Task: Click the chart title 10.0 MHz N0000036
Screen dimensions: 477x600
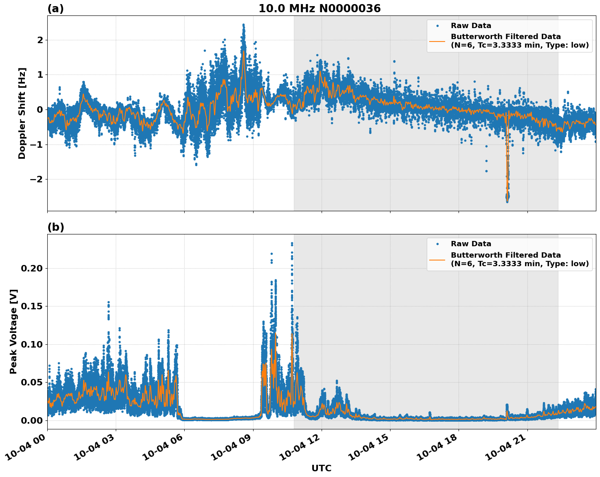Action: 319,9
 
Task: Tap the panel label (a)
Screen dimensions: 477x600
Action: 55,9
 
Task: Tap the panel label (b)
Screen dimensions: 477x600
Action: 55,227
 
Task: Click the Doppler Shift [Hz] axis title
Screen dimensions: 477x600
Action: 22,113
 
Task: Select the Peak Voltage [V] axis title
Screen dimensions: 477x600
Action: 14,331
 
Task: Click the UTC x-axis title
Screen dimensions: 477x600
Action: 321,468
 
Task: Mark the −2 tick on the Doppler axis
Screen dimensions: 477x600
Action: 37,179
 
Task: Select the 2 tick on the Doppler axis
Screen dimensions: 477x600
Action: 40,40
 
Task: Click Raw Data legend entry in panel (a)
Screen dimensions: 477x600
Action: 471,26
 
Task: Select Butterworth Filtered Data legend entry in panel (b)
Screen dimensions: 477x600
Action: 519,259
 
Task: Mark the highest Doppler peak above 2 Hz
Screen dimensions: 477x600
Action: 243,25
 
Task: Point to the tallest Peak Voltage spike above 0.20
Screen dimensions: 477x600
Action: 292,244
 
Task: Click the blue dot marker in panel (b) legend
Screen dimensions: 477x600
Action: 437,244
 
